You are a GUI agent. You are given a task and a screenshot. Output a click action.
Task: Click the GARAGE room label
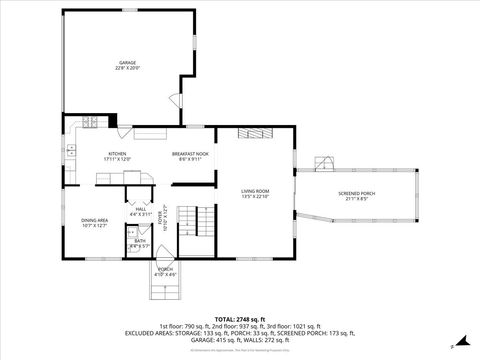click(126, 65)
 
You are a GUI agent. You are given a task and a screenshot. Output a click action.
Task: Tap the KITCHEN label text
click(117, 156)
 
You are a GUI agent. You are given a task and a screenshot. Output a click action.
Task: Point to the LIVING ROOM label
click(255, 193)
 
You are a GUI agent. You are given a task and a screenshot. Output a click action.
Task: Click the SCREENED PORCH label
click(356, 196)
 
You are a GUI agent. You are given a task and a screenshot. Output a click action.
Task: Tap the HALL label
click(140, 211)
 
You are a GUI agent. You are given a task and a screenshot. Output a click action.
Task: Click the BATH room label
click(140, 243)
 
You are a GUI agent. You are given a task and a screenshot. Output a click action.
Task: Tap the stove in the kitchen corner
click(90, 122)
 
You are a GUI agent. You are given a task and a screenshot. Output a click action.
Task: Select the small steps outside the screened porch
click(322, 163)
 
